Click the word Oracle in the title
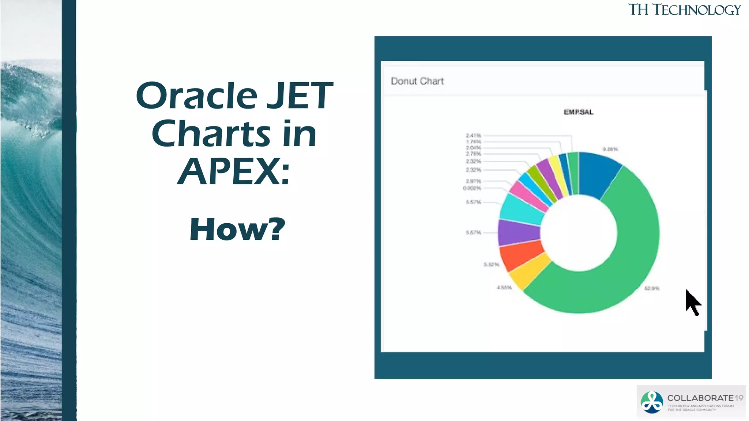pos(197,96)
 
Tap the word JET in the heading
pos(300,96)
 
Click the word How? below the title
pos(237,230)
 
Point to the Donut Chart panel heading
pos(417,81)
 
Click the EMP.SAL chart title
pos(578,112)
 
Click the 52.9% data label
pos(652,288)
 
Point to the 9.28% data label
pos(610,149)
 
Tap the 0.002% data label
pos(472,189)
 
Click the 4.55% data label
pos(504,288)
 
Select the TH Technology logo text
pos(684,10)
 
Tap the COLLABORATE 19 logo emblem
pos(652,402)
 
